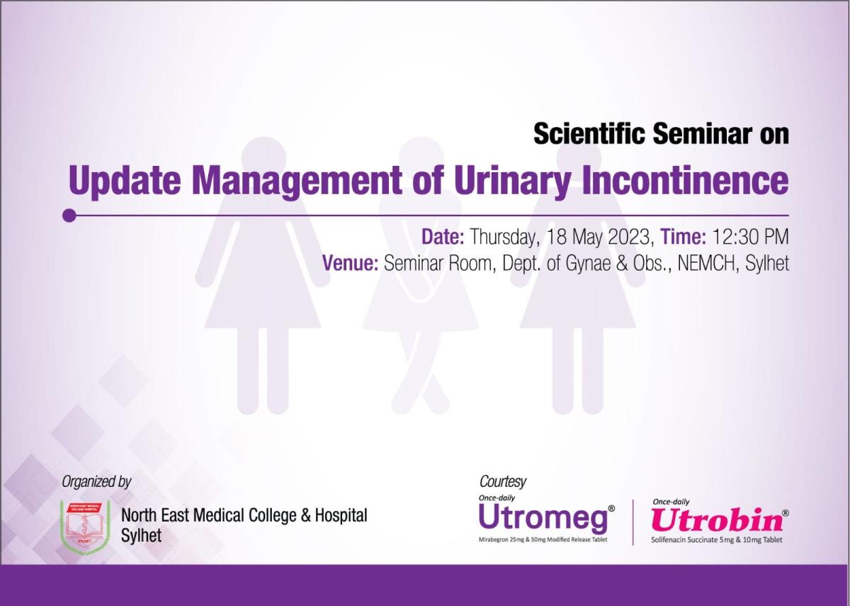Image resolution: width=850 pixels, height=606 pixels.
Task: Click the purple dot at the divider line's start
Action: tap(69, 215)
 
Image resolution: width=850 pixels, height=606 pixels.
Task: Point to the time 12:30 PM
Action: tap(751, 237)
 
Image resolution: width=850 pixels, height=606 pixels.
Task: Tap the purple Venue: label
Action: tap(350, 263)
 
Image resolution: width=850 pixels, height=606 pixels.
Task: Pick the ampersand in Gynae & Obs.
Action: tap(622, 263)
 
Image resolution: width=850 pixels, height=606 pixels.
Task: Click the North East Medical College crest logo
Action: tap(86, 527)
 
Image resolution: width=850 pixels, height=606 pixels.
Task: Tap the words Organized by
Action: tap(96, 482)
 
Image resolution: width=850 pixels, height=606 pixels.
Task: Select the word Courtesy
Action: tap(503, 482)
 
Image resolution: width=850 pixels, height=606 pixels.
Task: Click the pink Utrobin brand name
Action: tap(717, 520)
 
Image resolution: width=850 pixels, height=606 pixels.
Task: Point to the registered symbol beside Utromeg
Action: tap(611, 508)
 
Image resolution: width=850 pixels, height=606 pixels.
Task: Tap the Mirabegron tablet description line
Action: tap(543, 539)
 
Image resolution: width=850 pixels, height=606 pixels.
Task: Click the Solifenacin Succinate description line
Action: tap(717, 539)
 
